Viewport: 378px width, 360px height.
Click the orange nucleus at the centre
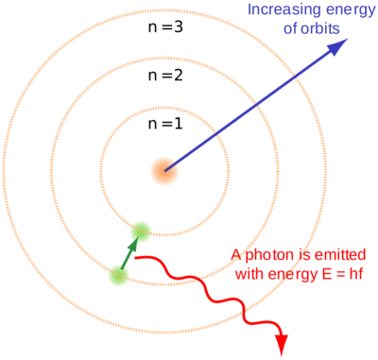tap(163, 170)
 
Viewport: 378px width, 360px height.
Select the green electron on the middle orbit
tap(141, 231)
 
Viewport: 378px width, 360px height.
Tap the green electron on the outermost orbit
tap(119, 274)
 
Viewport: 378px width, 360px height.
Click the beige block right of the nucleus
tap(302, 172)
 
